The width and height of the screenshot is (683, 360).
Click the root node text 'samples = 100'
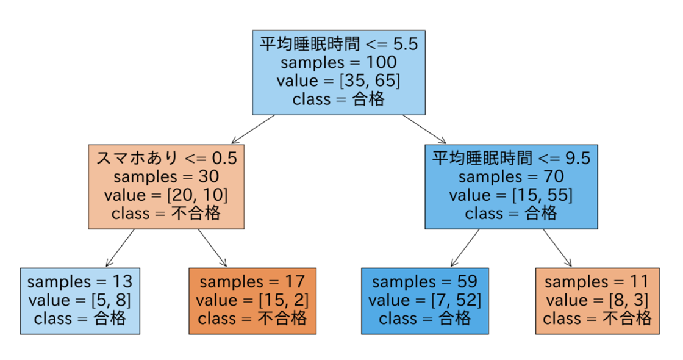(x=338, y=62)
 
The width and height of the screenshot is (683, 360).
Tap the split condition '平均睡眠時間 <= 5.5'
(x=339, y=43)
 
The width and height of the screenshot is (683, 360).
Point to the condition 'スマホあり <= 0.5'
(x=166, y=158)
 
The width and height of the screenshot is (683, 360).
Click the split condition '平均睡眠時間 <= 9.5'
(x=511, y=158)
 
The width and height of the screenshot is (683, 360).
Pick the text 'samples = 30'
(x=166, y=176)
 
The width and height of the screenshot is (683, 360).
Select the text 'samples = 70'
(x=511, y=176)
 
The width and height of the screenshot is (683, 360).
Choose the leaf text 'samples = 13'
(x=80, y=281)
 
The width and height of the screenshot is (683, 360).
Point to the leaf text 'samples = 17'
(x=252, y=281)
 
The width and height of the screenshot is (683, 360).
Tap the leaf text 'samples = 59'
(x=424, y=281)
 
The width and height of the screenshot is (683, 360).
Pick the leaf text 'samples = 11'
(x=597, y=281)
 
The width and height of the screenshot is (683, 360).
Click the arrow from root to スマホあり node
(x=253, y=129)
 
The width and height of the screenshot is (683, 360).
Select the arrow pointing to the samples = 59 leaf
(x=465, y=248)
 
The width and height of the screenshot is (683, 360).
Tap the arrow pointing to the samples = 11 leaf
(x=557, y=248)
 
